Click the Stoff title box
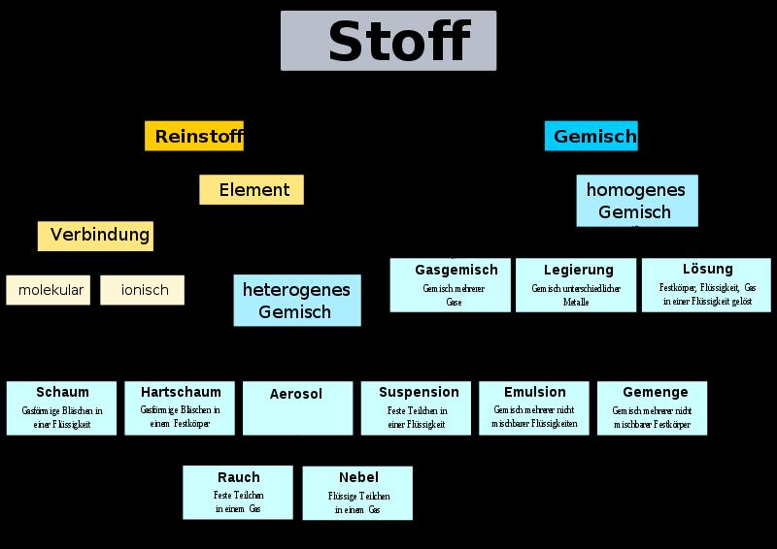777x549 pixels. pos(388,41)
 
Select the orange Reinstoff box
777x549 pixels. pos(194,137)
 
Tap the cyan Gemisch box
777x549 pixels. pos(591,137)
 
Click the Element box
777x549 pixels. pos(252,190)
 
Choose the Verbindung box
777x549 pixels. pos(96,236)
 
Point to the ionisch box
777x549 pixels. pos(142,290)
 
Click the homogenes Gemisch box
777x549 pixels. pos(636,201)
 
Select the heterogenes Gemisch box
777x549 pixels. pos(297,300)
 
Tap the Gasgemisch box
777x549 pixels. pos(451,285)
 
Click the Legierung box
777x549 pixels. pos(576,285)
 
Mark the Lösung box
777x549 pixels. pos(706,284)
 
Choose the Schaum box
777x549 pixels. pos(62,407)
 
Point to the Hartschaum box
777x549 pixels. pos(181,407)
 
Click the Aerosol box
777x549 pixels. pos(297,407)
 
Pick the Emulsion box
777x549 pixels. pos(534,407)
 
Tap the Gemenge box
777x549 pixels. pos(652,407)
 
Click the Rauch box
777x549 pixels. pos(238,492)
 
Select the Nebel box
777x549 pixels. pos(357,493)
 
